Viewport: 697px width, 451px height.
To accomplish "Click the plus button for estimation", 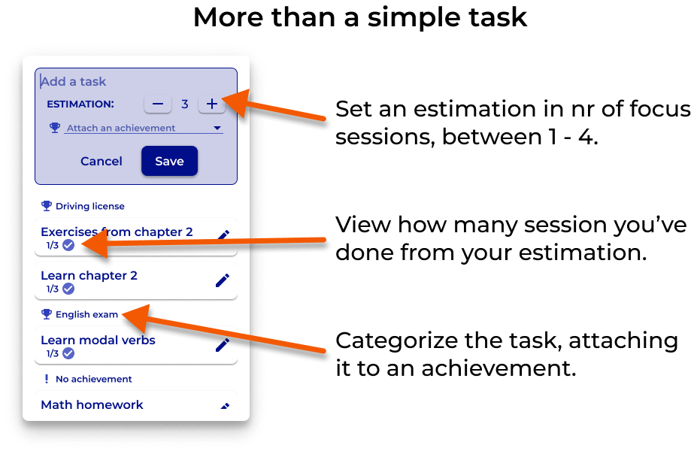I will pos(211,104).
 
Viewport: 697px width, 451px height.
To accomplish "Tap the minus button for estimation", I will pos(158,104).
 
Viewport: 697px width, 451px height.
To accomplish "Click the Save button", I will pos(169,161).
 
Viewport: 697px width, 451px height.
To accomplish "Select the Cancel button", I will pos(102,161).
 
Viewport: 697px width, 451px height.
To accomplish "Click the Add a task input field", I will pos(135,81).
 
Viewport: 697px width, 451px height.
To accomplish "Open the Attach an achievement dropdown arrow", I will pos(218,129).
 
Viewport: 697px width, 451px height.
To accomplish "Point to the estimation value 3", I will pos(185,104).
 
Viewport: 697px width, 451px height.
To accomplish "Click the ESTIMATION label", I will pos(80,104).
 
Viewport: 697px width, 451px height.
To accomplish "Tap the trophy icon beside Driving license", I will pos(47,206).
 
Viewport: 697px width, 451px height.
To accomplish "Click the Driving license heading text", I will pos(90,206).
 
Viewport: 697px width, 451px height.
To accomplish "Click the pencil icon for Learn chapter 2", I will pos(223,280).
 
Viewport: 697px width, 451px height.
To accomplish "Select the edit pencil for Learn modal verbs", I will pos(223,345).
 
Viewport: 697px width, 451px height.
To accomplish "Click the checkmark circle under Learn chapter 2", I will pos(68,289).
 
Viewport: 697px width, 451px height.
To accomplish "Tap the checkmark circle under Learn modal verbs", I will pos(68,353).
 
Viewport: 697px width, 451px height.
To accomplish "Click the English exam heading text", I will pos(86,314).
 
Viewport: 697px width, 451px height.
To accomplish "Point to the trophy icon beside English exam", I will pos(47,314).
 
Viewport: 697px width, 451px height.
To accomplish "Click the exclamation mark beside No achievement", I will pos(47,379).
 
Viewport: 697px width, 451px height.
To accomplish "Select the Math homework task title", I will pos(92,404).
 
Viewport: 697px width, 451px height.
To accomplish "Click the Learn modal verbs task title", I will pos(98,340).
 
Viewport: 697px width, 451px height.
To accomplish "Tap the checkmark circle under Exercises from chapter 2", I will pos(68,245).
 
